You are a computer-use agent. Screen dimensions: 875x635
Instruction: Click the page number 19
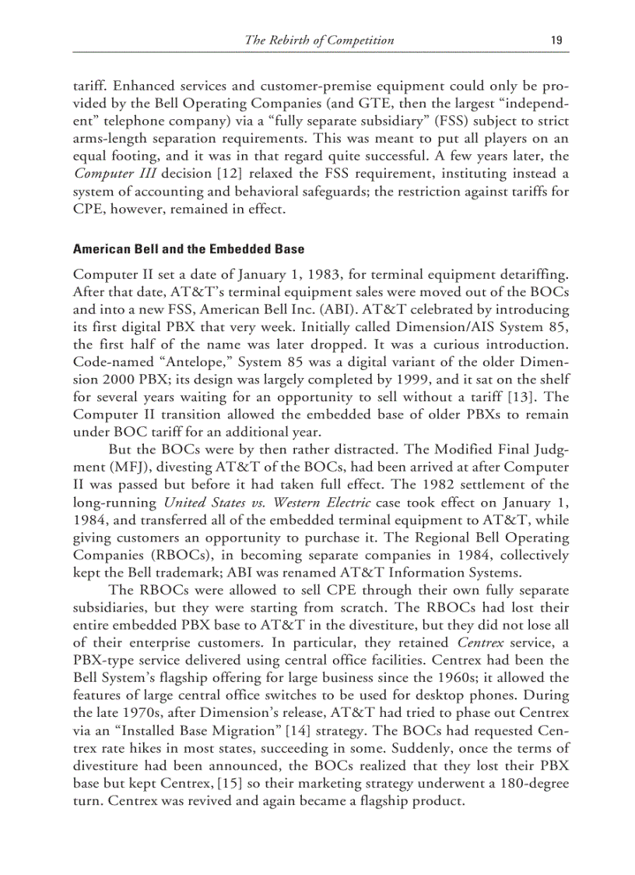point(556,41)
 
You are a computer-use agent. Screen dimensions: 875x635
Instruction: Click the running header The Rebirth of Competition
point(319,41)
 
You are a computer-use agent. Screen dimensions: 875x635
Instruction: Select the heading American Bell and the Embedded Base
point(188,250)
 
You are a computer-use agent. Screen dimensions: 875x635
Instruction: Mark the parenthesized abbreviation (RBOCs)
point(172,556)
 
